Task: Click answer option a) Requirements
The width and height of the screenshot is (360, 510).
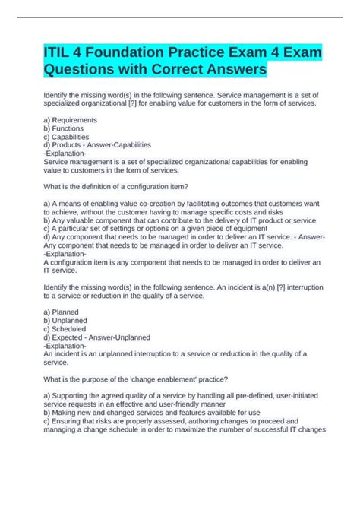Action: click(x=71, y=120)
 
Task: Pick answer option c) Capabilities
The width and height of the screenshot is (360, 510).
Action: click(x=68, y=136)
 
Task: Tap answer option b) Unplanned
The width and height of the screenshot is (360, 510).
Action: click(x=66, y=320)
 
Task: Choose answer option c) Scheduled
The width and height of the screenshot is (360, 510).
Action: click(x=66, y=328)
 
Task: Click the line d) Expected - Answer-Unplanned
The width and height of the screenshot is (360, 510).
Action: click(x=97, y=337)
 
